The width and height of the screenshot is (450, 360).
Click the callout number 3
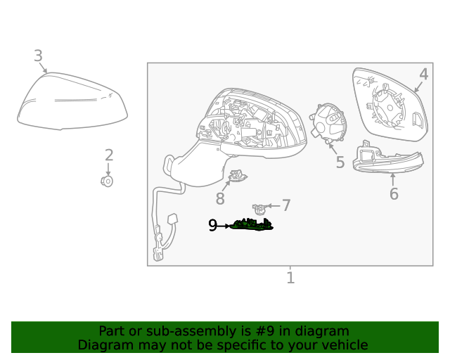(x=38, y=56)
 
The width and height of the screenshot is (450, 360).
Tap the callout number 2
(x=109, y=155)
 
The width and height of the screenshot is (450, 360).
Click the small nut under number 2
(x=108, y=181)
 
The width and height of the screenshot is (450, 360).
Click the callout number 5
(x=340, y=162)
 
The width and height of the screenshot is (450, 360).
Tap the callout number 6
(x=394, y=194)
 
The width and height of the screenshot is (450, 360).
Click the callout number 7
(x=286, y=205)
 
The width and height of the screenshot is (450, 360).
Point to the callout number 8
(x=220, y=199)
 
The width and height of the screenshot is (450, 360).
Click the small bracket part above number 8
(x=237, y=178)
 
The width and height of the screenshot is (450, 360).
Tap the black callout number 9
(x=212, y=226)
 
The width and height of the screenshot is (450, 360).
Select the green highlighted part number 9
(x=253, y=225)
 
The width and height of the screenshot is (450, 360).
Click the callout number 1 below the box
(x=290, y=278)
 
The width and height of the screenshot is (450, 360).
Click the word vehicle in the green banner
(x=343, y=345)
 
